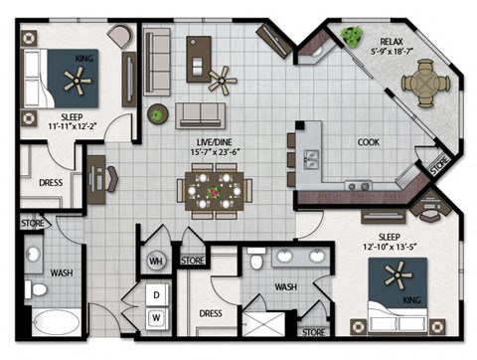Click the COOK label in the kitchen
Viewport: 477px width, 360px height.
pyautogui.click(x=369, y=142)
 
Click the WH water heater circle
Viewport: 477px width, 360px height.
pyautogui.click(x=154, y=262)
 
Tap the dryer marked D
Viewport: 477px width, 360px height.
pyautogui.click(x=156, y=295)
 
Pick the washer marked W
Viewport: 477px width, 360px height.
pyautogui.click(x=156, y=318)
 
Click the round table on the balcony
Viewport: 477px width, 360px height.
pyautogui.click(x=424, y=83)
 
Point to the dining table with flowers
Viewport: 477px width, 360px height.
pyautogui.click(x=215, y=189)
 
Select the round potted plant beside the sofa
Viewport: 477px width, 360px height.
pyautogui.click(x=157, y=114)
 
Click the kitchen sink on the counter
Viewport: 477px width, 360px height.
pyautogui.click(x=310, y=158)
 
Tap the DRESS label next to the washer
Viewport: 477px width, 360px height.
pyautogui.click(x=210, y=311)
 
